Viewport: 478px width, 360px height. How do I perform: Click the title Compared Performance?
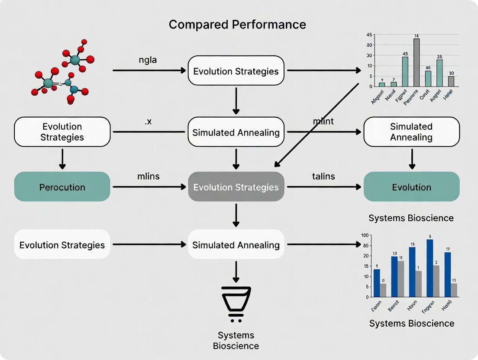[x=237, y=24]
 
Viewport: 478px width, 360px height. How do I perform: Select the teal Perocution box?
[x=62, y=187]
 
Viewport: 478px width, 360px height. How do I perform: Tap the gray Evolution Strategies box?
[x=236, y=187]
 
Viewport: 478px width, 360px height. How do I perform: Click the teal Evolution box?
[x=411, y=187]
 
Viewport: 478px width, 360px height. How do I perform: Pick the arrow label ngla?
[x=148, y=60]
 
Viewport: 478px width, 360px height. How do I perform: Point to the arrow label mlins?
[x=149, y=177]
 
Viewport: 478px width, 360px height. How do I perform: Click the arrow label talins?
[x=323, y=177]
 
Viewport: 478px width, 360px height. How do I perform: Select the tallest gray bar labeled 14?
[x=416, y=63]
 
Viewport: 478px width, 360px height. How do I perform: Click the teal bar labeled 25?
[x=439, y=73]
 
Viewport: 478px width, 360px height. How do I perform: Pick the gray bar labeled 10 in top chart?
[x=451, y=81]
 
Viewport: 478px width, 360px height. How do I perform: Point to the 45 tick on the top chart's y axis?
[x=369, y=35]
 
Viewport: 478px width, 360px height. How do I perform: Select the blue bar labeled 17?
[x=447, y=274]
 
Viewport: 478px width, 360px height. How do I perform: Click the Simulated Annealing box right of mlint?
[x=411, y=132]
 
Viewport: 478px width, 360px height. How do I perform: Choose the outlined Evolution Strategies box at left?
[x=62, y=132]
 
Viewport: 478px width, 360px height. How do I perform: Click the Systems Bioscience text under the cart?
[x=236, y=341]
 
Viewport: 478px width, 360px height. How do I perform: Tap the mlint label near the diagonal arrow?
[x=323, y=122]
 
